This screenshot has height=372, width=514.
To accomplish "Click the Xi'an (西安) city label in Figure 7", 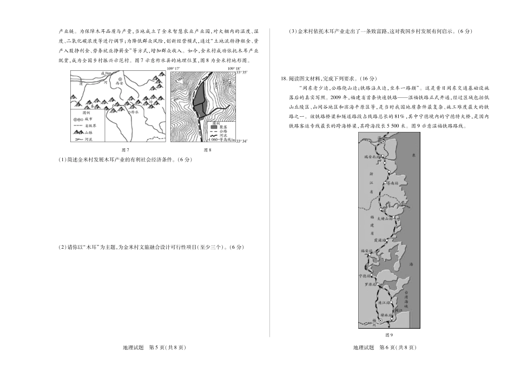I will [120, 84].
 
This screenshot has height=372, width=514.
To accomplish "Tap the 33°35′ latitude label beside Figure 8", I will [241, 72].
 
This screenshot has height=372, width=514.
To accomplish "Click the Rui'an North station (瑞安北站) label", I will [373, 157].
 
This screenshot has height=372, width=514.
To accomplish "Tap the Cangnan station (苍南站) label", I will [393, 183].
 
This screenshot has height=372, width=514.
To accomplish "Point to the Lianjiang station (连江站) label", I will [383, 302].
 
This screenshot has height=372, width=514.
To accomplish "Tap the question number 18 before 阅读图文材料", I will [284, 78].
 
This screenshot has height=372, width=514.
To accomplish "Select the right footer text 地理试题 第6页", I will [385, 348].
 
